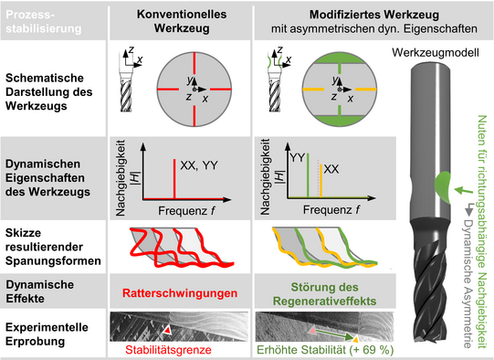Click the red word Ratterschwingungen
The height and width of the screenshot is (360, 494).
pos(180,293)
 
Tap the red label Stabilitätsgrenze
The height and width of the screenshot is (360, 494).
pos(168,350)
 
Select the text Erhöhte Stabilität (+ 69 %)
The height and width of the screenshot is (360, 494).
pos(325,350)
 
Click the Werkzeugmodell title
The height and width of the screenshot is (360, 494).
pos(436,52)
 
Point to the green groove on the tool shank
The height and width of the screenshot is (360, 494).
pos(442,186)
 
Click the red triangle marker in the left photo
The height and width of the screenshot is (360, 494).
pos(167,330)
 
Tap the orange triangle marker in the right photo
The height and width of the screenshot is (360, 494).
pos(355,339)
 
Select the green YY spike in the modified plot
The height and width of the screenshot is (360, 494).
pos(308,175)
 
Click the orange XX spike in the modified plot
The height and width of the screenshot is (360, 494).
pos(321,181)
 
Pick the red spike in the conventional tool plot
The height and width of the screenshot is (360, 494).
pos(174,179)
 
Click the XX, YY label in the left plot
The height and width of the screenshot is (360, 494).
pos(199,165)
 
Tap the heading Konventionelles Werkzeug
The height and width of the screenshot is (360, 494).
pos(182,21)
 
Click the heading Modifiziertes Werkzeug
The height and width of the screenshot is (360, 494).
pos(374,15)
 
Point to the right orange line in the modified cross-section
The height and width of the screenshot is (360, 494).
pos(366,90)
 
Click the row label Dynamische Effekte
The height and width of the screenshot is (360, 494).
pos(40,291)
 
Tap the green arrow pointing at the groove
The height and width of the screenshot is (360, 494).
pos(464,190)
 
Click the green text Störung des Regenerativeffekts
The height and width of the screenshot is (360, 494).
pos(325,294)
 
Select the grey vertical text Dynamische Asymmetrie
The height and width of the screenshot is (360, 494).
pos(468,283)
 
